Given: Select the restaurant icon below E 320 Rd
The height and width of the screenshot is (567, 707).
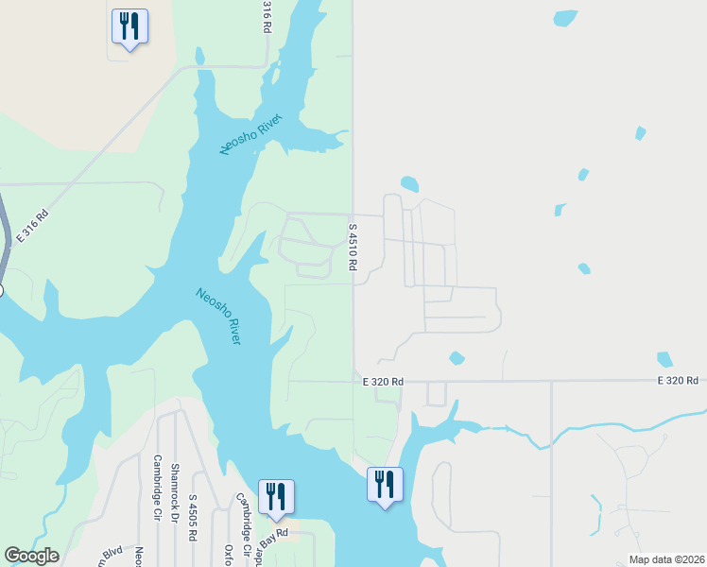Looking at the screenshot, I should pyautogui.click(x=385, y=485).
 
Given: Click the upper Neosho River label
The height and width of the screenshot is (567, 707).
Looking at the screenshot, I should pyautogui.click(x=251, y=132).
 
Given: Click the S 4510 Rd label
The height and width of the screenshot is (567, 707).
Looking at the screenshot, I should pyautogui.click(x=352, y=248).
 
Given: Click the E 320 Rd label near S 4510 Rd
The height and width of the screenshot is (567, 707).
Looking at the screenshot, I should pyautogui.click(x=383, y=381).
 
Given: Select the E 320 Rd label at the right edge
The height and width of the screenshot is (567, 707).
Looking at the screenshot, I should pyautogui.click(x=679, y=380).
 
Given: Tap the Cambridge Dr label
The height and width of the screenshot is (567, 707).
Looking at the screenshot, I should pyautogui.click(x=157, y=487).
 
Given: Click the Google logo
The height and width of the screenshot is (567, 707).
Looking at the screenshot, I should pyautogui.click(x=31, y=556).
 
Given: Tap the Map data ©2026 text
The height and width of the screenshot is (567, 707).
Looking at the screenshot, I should pyautogui.click(x=667, y=559).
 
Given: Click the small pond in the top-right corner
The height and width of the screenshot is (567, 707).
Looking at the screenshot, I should pyautogui.click(x=565, y=18).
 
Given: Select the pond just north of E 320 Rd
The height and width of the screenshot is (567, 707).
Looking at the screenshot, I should pyautogui.click(x=457, y=358).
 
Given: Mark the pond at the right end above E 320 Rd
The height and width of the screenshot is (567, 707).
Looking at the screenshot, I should pyautogui.click(x=664, y=359).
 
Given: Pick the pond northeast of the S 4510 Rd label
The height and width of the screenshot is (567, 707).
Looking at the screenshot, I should pyautogui.click(x=409, y=183).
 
